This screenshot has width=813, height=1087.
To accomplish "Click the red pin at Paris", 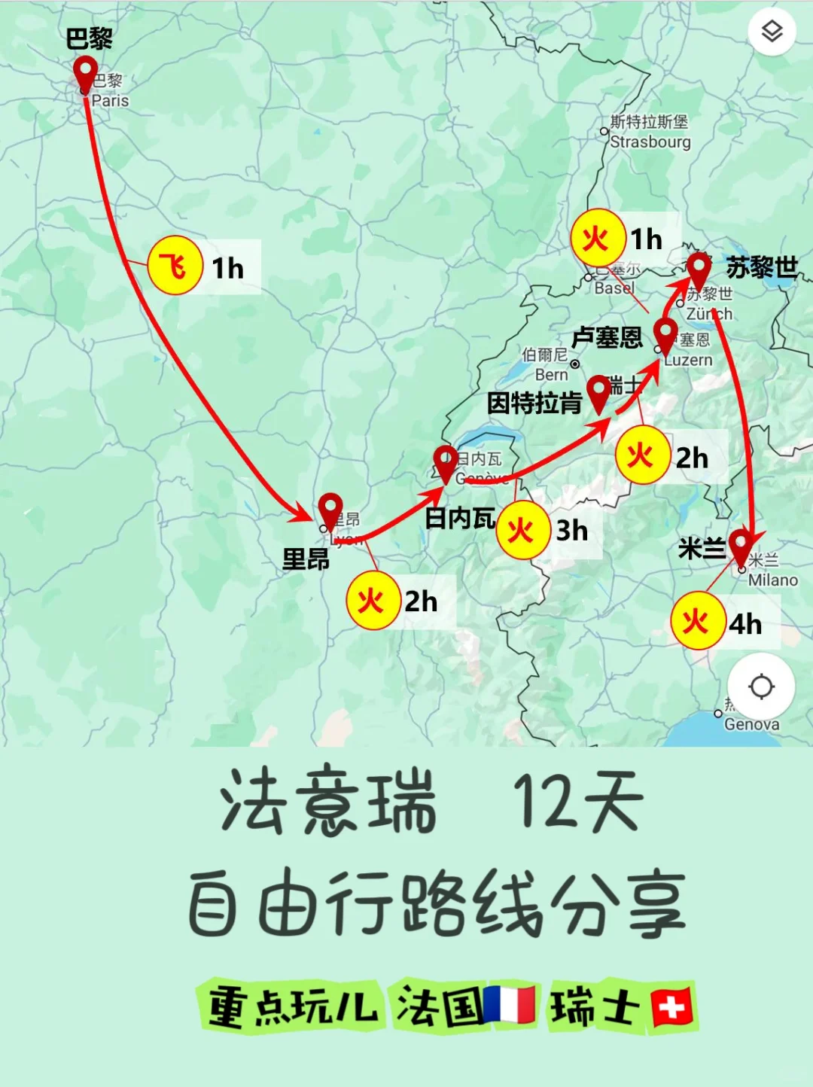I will click(x=85, y=73).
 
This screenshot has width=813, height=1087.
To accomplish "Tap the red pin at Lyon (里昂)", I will click(x=330, y=510).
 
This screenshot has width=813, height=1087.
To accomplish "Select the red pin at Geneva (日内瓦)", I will click(x=446, y=462).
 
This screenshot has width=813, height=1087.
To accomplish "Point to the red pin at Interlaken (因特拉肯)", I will click(x=598, y=392).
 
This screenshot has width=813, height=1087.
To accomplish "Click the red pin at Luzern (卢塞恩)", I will click(x=665, y=333).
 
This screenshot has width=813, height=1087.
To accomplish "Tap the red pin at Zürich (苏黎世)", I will click(x=699, y=269).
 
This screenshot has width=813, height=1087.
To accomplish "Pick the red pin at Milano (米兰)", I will click(x=741, y=545).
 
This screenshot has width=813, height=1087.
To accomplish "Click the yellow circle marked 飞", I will click(x=175, y=266).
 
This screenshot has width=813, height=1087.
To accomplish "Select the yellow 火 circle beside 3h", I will click(x=522, y=531).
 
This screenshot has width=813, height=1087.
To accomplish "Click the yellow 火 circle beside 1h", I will click(x=598, y=239).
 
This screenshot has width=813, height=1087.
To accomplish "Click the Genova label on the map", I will click(x=751, y=724).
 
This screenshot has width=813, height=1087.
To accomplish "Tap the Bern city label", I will click(x=551, y=374).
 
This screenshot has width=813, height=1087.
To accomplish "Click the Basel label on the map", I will click(x=614, y=288).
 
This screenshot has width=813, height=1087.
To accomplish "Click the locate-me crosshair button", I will click(x=761, y=687).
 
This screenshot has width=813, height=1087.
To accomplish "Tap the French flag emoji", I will click(x=510, y=1005).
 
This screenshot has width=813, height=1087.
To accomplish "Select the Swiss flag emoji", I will click(x=671, y=1007).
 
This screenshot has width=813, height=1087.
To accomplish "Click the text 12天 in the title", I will click(x=578, y=802).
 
